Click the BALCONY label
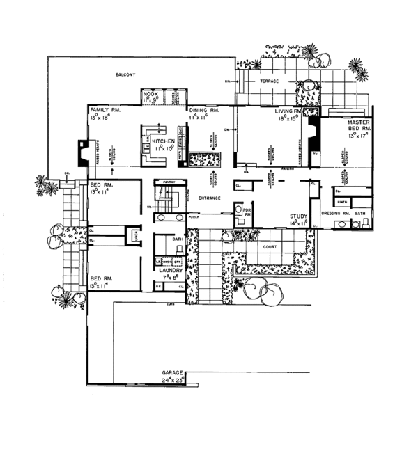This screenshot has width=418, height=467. pos(125,74)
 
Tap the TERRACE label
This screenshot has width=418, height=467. pos(270,81)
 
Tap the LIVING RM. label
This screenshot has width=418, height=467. pos(287,111)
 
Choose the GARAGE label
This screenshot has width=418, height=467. pos(173,373)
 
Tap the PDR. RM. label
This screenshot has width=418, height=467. pos(246,214)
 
